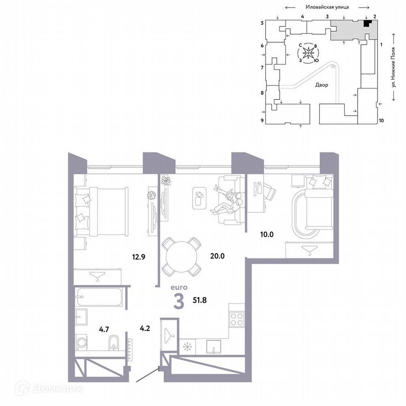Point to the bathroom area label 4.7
click(x=91, y=323)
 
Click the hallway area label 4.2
click(x=145, y=323)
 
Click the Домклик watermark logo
click(x=49, y=389)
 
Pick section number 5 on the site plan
click(x=263, y=23)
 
